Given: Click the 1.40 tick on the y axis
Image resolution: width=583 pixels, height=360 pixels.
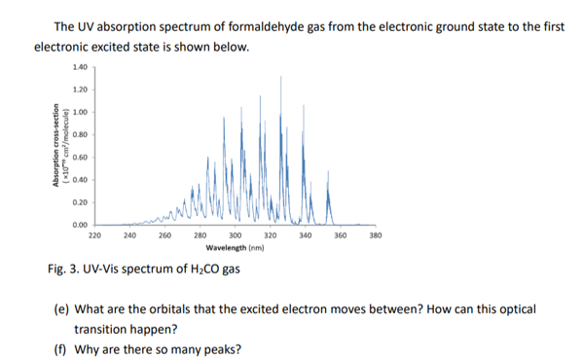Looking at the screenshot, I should (x=79, y=67).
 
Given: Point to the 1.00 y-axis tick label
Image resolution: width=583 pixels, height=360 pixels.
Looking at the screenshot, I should (x=79, y=112).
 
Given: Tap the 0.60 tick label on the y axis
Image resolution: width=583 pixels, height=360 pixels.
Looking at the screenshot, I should (x=79, y=157).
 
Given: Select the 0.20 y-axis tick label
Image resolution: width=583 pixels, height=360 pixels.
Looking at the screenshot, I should (x=79, y=201).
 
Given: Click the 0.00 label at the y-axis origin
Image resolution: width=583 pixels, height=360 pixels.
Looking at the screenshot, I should (x=79, y=224).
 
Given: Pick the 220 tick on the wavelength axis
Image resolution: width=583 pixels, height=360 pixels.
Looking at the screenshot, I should (x=94, y=235).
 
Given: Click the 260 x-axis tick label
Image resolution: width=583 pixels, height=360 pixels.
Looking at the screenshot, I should (x=164, y=235).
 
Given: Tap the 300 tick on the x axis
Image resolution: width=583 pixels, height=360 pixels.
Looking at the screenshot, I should (x=235, y=235).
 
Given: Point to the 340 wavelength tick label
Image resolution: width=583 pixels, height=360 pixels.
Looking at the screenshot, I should (x=306, y=235).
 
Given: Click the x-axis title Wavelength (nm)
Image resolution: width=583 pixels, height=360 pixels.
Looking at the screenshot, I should (x=235, y=248).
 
